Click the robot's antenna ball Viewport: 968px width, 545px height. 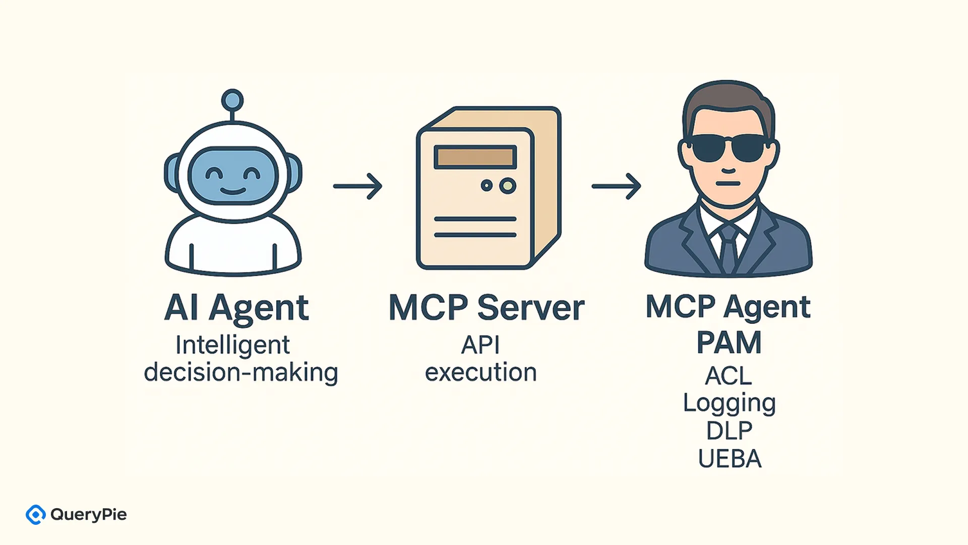click(x=232, y=100)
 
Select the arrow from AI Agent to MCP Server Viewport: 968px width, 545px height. click(x=357, y=186)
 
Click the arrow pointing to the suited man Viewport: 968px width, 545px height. click(x=616, y=186)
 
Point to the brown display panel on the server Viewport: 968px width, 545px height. click(x=475, y=157)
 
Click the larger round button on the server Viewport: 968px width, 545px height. click(x=508, y=186)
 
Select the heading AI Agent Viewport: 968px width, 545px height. click(x=236, y=308)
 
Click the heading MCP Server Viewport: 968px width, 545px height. click(x=487, y=308)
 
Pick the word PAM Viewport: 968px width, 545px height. click(x=729, y=343)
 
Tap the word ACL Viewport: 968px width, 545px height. click(x=729, y=376)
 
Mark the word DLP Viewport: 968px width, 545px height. click(x=729, y=431)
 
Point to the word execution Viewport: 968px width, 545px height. click(x=480, y=373)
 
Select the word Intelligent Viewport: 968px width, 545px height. click(x=232, y=346)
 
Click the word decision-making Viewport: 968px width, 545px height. click(x=240, y=373)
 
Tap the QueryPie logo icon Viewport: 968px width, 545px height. click(x=36, y=515)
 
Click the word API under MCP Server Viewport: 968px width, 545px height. click(x=480, y=346)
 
